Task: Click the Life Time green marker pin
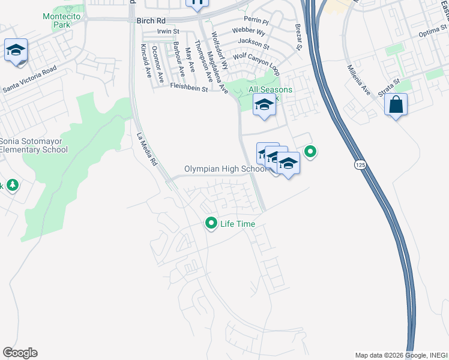click(211, 223)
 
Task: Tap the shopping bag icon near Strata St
click(396, 105)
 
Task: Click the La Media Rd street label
click(146, 149)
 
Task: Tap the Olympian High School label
click(224, 169)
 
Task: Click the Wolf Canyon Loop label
click(256, 63)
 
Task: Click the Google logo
click(20, 353)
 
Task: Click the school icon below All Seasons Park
click(264, 106)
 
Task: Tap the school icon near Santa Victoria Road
click(16, 50)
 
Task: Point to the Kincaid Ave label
click(146, 62)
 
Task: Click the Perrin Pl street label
click(260, 20)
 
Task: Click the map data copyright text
click(401, 355)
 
